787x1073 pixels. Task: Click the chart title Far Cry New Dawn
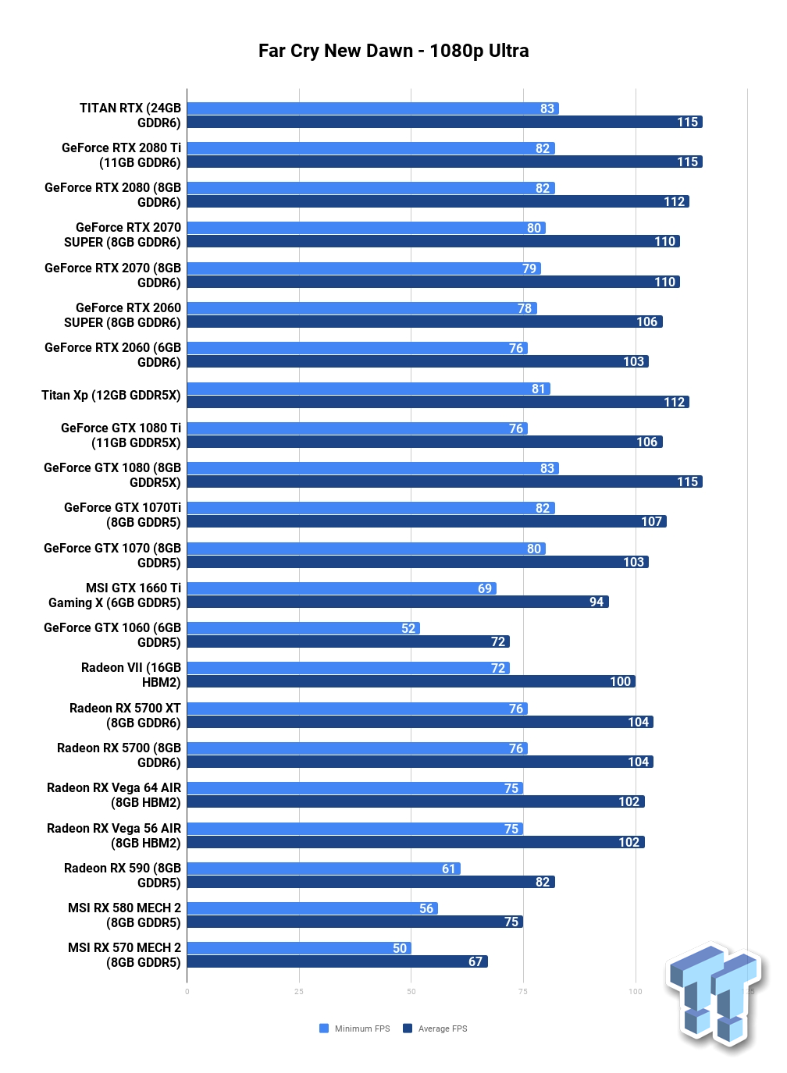[336, 51]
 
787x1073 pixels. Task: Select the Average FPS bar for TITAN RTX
[445, 122]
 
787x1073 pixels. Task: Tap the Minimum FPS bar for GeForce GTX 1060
[304, 628]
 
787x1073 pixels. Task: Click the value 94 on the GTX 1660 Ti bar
[596, 602]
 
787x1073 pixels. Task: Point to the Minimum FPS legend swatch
[324, 1029]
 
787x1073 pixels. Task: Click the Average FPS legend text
[443, 1029]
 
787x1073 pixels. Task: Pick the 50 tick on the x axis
[411, 992]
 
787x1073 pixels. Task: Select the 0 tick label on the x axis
[187, 992]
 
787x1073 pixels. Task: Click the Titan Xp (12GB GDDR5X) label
[111, 395]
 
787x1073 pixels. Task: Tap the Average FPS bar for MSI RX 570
[337, 961]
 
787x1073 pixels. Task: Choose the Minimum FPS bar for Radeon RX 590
[323, 869]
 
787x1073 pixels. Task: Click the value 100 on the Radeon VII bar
[620, 681]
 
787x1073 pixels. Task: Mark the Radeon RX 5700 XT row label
[125, 715]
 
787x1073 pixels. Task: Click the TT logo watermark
[714, 996]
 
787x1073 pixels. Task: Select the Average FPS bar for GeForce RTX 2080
[438, 201]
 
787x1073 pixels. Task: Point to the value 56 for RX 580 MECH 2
[426, 908]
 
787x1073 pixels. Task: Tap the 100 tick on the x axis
[636, 992]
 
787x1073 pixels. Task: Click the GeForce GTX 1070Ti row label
[123, 514]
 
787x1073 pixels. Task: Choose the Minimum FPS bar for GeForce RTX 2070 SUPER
[366, 228]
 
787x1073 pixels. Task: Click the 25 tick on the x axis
[299, 992]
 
